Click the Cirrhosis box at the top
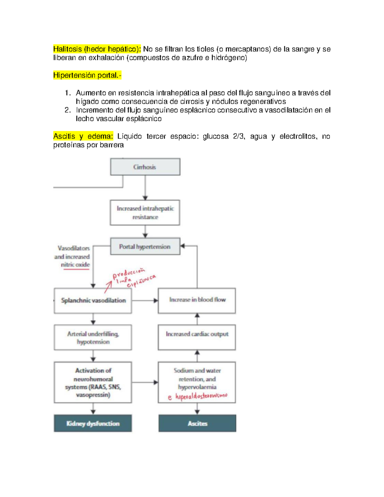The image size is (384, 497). pyautogui.click(x=145, y=167)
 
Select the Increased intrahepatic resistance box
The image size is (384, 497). pyautogui.click(x=145, y=213)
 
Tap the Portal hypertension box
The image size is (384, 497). pyautogui.click(x=145, y=246)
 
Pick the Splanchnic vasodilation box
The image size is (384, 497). pyautogui.click(x=93, y=301)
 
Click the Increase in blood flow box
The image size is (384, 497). pyautogui.click(x=197, y=300)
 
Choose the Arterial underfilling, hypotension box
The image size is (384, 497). pyautogui.click(x=93, y=338)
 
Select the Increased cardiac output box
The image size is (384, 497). pyautogui.click(x=197, y=334)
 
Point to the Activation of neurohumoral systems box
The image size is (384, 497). pyautogui.click(x=93, y=382)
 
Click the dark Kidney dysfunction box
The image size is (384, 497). pyautogui.click(x=93, y=423)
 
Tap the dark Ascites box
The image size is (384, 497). pyautogui.click(x=197, y=423)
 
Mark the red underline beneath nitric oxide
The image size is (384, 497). pyautogui.click(x=76, y=269)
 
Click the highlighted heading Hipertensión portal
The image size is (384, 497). pyautogui.click(x=87, y=75)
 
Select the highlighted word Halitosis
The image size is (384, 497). pyautogui.click(x=68, y=49)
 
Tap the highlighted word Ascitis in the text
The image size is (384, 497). pyautogui.click(x=64, y=136)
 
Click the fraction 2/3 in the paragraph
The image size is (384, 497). pyautogui.click(x=238, y=136)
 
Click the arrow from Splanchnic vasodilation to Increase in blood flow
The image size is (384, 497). pyautogui.click(x=145, y=301)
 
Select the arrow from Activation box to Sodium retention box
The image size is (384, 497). pyautogui.click(x=145, y=382)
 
